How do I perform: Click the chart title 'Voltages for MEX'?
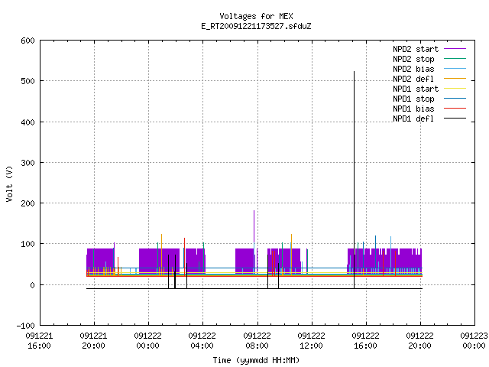pyautogui.click(x=256, y=16)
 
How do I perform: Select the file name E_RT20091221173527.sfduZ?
pyautogui.click(x=256, y=26)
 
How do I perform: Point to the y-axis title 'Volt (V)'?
pyautogui.click(x=10, y=184)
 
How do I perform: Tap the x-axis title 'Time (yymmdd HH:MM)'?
pyautogui.click(x=256, y=360)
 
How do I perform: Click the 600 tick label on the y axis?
pyautogui.click(x=28, y=41)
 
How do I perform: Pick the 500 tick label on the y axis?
pyautogui.click(x=28, y=81)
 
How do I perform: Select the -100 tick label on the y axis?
pyautogui.click(x=25, y=326)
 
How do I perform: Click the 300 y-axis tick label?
pyautogui.click(x=28, y=163)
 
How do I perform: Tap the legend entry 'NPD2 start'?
pyautogui.click(x=429, y=49)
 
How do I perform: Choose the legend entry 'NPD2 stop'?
pyautogui.click(x=429, y=59)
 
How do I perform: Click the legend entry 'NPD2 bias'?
pyautogui.click(x=429, y=69)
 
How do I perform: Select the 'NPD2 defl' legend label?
pyautogui.click(x=413, y=79)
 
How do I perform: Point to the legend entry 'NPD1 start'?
pyautogui.click(x=429, y=89)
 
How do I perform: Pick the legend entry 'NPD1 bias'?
pyautogui.click(x=429, y=109)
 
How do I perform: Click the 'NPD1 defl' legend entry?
pyautogui.click(x=429, y=119)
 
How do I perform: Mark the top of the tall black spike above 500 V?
pyautogui.click(x=354, y=71)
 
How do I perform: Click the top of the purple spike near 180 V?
pyautogui.click(x=254, y=211)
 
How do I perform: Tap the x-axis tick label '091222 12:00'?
pyautogui.click(x=311, y=341)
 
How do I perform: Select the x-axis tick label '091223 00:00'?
pyautogui.click(x=474, y=341)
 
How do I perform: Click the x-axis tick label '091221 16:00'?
pyautogui.click(x=39, y=341)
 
